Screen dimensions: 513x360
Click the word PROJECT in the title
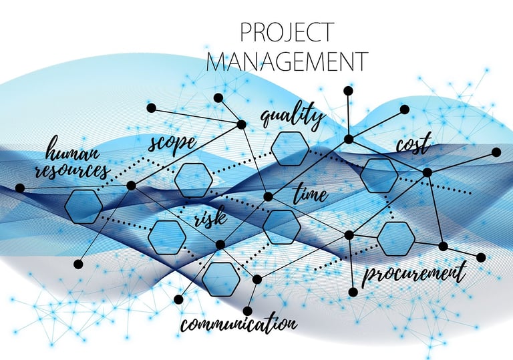pos(286,32)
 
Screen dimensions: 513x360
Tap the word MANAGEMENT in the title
pos(287,61)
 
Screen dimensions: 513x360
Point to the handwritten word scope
pos(172,142)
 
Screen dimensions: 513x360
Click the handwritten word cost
pos(413,145)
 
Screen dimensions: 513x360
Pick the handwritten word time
pos(311,194)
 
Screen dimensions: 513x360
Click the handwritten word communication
pos(238,325)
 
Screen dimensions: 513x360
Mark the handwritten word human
pos(73,150)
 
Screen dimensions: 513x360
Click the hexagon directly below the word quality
pos(290,148)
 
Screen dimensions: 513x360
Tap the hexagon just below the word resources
pos(83,206)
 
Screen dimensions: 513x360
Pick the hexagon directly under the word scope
pos(194,179)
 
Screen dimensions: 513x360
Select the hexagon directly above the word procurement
pos(396,238)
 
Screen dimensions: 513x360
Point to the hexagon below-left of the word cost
pos(379,175)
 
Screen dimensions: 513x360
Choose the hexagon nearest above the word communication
pos(220,279)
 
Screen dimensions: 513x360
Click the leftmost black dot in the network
pos(19,188)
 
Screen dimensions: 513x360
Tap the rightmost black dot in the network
pos(496,152)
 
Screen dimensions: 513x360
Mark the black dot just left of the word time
pos(268,196)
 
